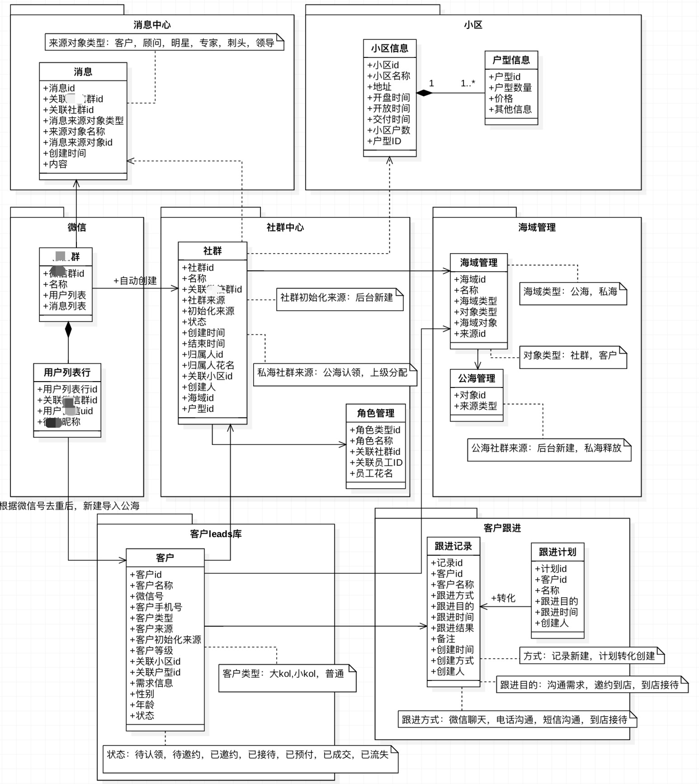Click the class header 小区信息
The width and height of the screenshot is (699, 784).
point(389,48)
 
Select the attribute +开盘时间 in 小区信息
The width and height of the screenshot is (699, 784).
point(389,98)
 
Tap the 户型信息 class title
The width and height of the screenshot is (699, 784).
point(511,60)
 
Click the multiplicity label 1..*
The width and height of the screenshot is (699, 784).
point(468,83)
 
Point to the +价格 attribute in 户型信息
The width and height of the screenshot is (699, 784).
point(501,99)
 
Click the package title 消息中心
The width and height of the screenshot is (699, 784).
point(152,25)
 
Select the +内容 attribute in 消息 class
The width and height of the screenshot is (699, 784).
point(55,164)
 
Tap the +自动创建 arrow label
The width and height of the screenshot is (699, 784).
point(135,281)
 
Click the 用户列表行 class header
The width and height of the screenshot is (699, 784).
point(67,373)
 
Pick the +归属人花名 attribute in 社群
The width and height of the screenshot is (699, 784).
point(208,365)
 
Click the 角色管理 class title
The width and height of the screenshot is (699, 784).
point(375,413)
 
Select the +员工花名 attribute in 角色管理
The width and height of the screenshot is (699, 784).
point(371,473)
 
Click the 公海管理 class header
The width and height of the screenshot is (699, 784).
point(477,378)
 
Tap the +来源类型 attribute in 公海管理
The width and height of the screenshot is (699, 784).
point(475,406)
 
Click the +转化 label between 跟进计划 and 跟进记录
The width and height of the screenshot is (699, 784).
point(503,598)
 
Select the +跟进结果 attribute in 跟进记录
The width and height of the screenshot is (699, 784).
point(452,628)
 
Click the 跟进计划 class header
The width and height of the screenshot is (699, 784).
point(557,552)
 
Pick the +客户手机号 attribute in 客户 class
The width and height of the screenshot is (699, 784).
point(156,607)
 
